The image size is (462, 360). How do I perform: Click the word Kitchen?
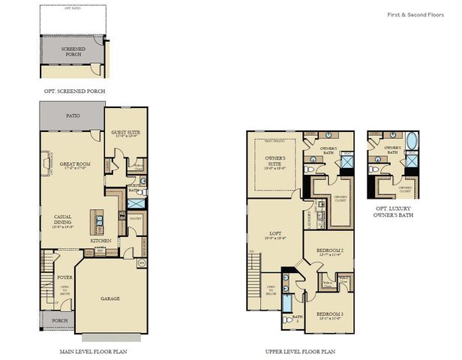[102, 241]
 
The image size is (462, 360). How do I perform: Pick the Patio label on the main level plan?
[72, 116]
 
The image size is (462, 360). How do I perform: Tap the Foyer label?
[65, 277]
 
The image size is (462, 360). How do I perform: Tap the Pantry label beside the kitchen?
[136, 218]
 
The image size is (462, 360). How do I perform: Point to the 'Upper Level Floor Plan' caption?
[300, 350]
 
